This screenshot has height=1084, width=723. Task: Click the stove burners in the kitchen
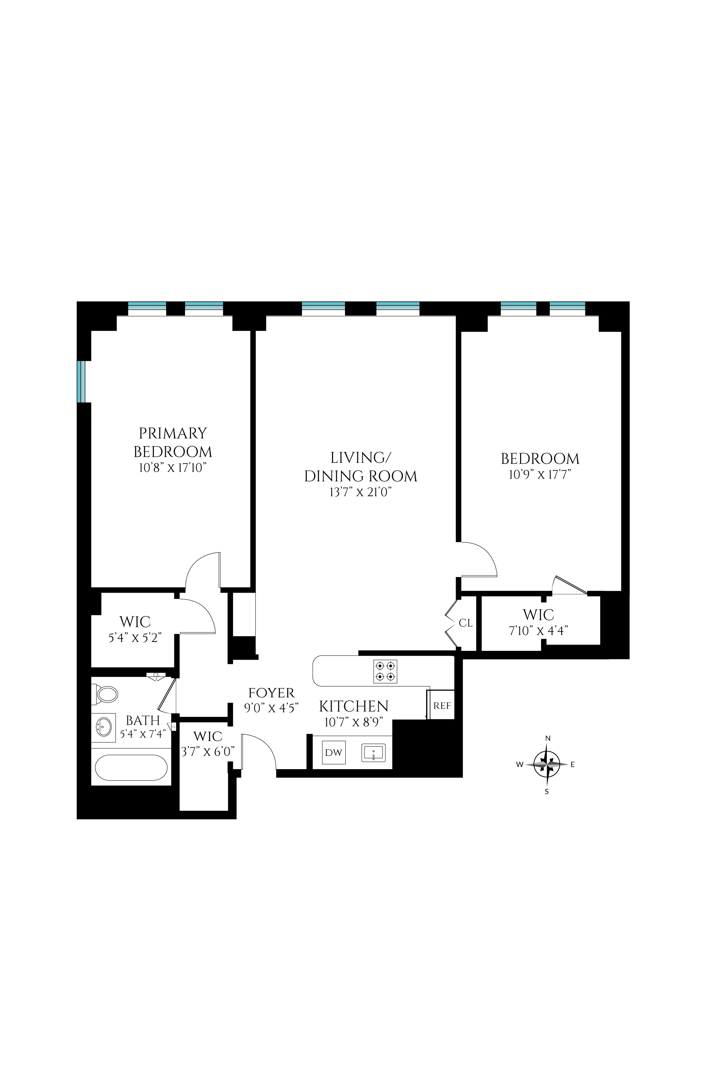click(385, 671)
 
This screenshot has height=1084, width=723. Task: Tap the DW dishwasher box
click(333, 752)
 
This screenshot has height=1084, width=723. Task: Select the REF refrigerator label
click(442, 706)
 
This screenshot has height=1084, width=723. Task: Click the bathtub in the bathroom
click(131, 767)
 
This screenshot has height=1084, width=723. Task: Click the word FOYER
click(271, 693)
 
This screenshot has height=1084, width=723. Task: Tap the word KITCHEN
click(354, 706)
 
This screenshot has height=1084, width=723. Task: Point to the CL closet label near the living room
click(466, 623)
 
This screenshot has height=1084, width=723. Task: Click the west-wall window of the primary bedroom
click(82, 382)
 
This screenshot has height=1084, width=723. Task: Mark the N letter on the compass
click(548, 738)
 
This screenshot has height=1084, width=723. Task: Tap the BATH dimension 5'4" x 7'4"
click(143, 734)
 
